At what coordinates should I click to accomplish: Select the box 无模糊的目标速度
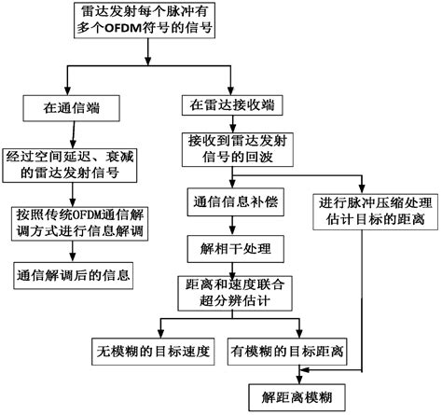[155, 353]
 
